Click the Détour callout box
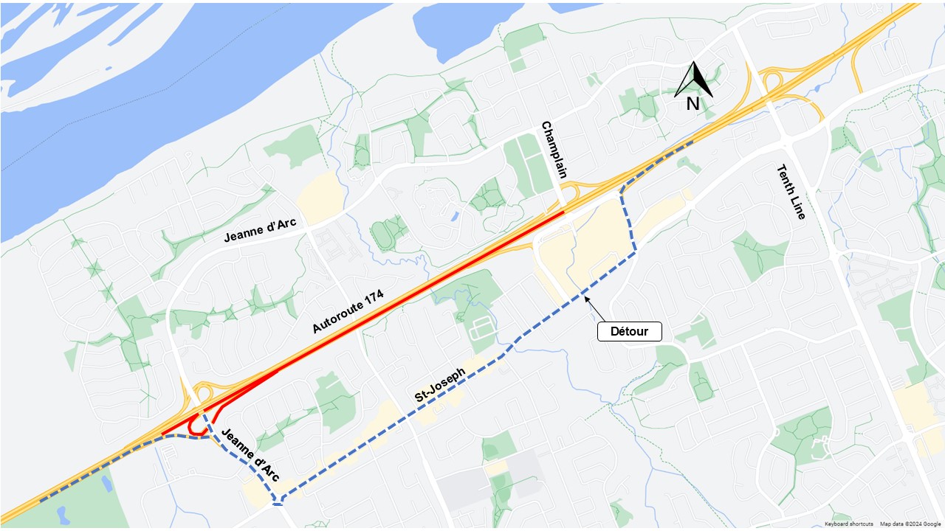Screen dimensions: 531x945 (629, 331)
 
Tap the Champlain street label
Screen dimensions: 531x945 (554, 150)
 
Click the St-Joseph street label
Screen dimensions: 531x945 (440, 385)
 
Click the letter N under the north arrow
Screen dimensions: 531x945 (693, 105)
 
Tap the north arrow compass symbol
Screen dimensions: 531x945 (693, 80)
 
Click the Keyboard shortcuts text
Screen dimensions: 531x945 (849, 524)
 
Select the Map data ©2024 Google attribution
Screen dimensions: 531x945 (911, 524)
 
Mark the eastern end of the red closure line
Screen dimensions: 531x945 (563, 213)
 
